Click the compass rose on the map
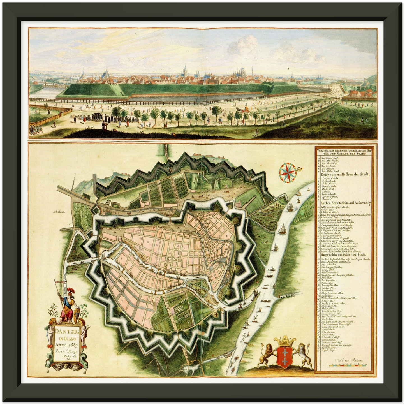[x=288, y=171]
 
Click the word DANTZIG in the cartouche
[x=66, y=332]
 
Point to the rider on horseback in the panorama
[x=87, y=106]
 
